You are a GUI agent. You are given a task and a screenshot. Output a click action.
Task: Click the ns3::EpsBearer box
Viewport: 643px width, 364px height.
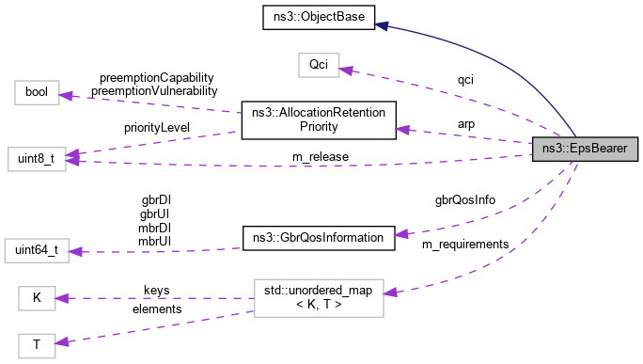coord(586,148)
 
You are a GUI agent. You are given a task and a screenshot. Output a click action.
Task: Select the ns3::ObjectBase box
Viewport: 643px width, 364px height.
coord(319,16)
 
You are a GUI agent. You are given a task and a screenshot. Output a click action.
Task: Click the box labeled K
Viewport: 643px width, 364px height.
coord(37,299)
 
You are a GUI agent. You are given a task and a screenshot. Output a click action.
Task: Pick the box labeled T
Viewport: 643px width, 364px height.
coord(37,345)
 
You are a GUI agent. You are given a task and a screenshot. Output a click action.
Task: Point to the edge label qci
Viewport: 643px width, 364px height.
coord(465,80)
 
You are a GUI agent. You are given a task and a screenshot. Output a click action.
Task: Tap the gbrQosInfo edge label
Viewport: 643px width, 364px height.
coord(464,199)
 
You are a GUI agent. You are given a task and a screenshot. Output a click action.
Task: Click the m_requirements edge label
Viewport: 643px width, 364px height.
coord(464,244)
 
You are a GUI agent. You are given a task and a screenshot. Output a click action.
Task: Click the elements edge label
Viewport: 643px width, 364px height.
coord(156,308)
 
